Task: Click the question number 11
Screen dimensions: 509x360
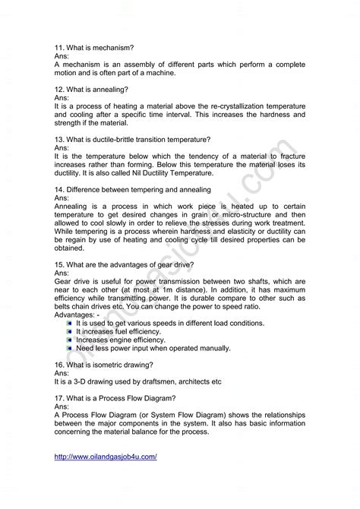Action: pos(59,46)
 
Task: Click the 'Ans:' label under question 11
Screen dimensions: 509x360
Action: pos(62,55)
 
